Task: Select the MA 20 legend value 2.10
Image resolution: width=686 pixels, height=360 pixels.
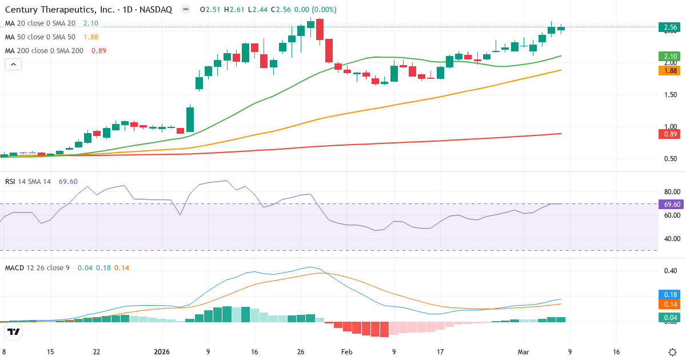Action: point(91,23)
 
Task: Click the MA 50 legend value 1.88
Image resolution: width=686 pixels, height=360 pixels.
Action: point(91,37)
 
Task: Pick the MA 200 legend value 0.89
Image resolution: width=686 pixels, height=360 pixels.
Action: point(99,50)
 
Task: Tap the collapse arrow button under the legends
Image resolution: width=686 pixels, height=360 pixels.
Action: point(13,65)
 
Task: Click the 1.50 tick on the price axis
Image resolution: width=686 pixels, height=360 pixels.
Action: point(668,95)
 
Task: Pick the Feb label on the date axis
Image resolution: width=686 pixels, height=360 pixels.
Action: point(347,352)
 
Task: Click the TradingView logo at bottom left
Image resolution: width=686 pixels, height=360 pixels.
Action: point(14,331)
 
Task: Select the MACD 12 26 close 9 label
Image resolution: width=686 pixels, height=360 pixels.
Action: point(37,267)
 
